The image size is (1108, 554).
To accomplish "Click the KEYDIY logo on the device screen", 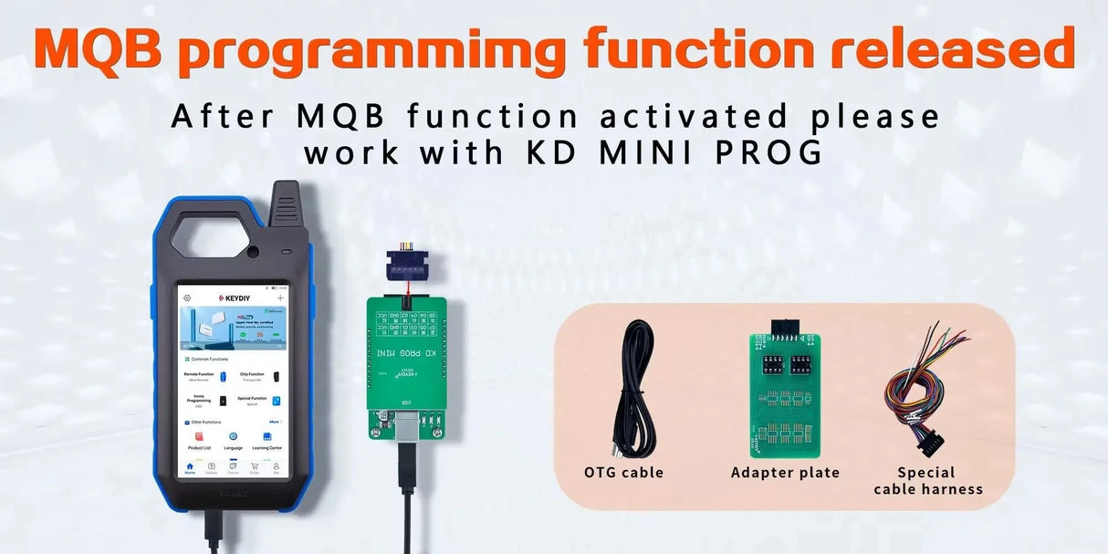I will click(233, 298).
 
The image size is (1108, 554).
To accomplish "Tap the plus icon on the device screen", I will click(280, 298).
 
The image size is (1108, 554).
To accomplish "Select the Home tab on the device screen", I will click(190, 467).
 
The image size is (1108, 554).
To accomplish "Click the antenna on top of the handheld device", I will click(285, 206).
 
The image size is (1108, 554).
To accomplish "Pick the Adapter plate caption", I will click(785, 473).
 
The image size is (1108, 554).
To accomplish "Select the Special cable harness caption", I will click(927, 481).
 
